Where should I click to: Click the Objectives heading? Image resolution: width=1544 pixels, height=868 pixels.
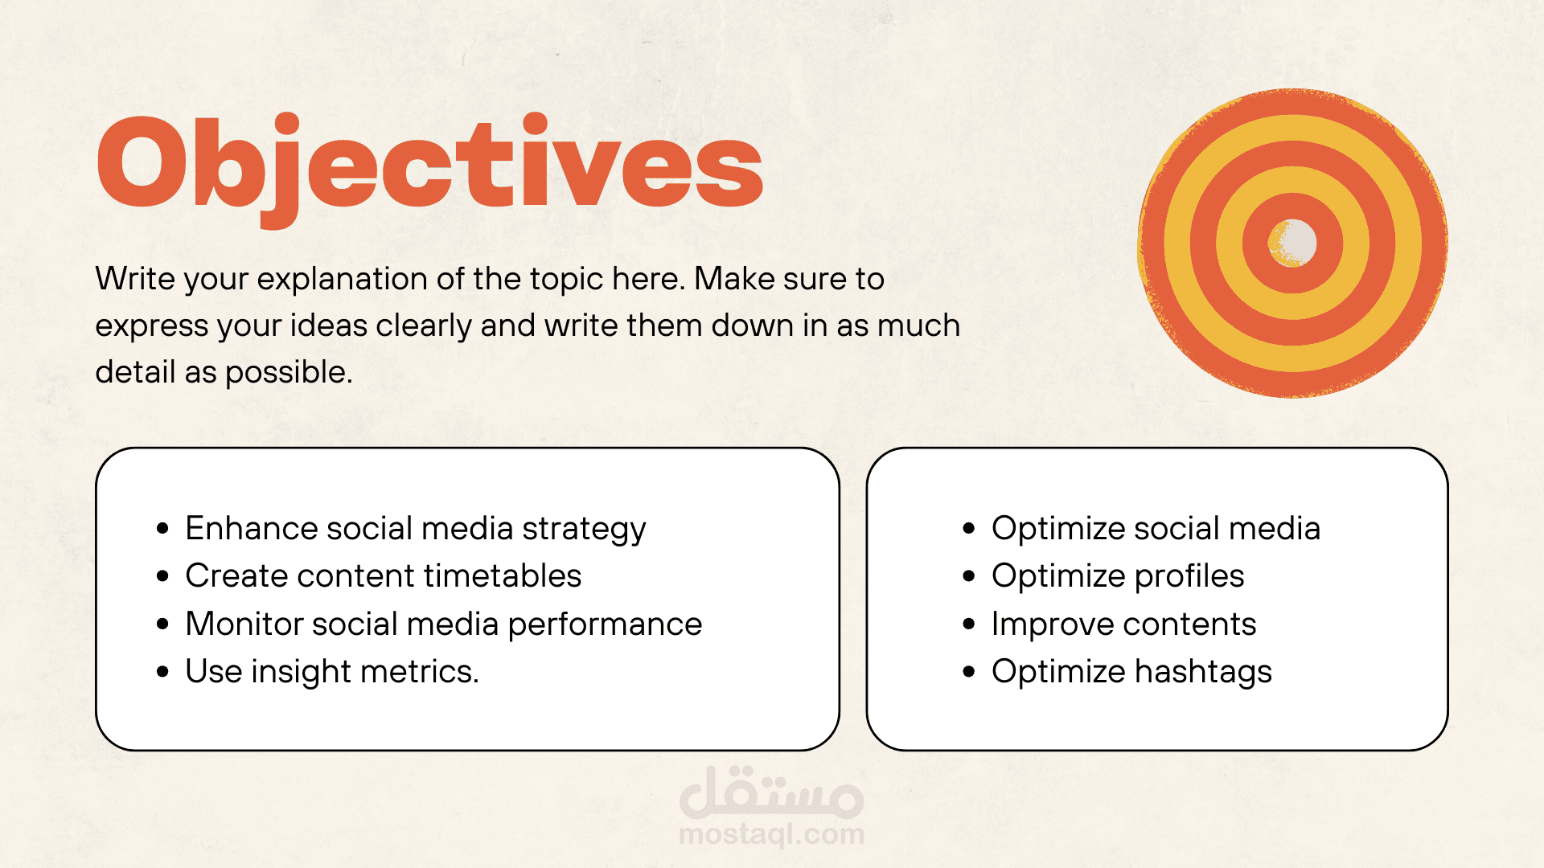point(429,170)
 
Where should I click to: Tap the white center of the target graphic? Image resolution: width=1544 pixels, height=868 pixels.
point(1293,242)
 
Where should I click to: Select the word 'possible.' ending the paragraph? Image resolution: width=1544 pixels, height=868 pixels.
point(288,373)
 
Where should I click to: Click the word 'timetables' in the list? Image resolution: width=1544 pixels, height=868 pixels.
point(503,575)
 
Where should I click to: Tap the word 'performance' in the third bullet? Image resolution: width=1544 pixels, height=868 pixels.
point(605,625)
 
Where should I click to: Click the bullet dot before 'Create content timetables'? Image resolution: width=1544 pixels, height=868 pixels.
point(163,576)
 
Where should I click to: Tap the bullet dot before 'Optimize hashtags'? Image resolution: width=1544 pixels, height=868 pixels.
point(969,672)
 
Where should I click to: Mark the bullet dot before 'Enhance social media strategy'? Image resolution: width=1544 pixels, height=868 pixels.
point(163,529)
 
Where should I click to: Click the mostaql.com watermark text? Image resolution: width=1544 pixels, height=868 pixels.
point(772,834)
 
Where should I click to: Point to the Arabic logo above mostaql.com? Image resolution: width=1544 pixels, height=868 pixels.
point(772,792)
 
